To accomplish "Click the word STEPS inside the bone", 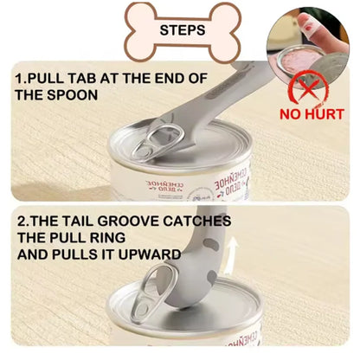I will (x=182, y=29).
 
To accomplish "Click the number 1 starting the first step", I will (x=19, y=78).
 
